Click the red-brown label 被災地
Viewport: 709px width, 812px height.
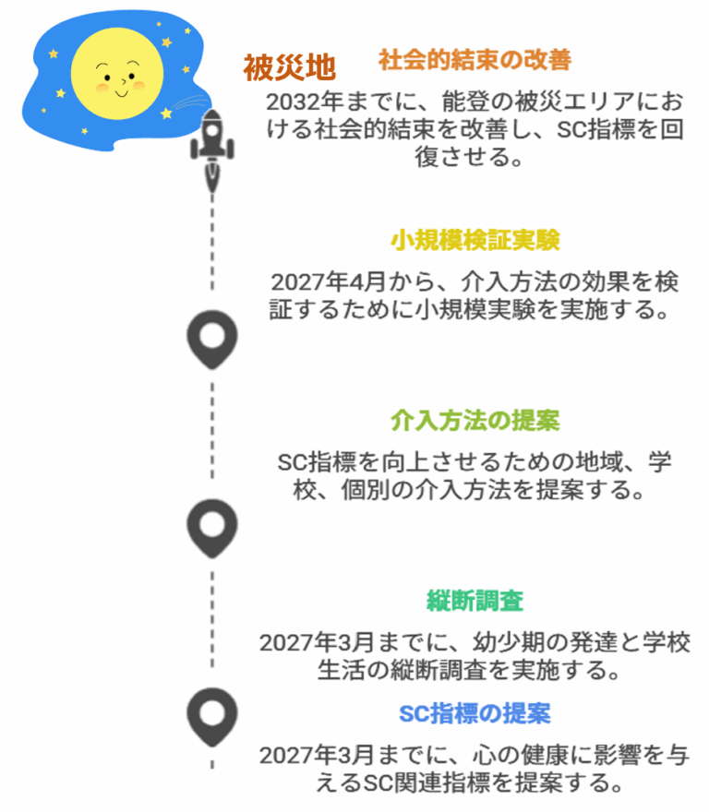[x=289, y=67]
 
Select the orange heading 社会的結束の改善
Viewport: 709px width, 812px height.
[x=475, y=61]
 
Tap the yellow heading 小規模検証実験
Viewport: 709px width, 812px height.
[x=475, y=241]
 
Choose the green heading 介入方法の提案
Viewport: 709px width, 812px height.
[x=475, y=421]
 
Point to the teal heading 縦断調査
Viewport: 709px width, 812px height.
[x=475, y=601]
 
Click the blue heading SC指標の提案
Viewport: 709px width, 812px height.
[x=475, y=712]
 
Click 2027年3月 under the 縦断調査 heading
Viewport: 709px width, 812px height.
[x=309, y=641]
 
